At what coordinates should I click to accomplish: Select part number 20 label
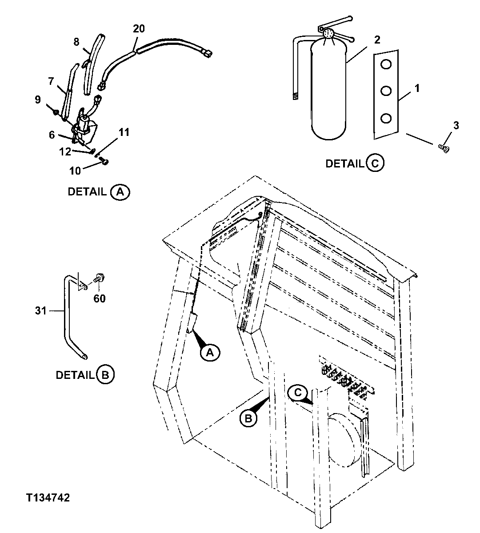[139, 29]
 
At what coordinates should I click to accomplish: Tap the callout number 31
[41, 311]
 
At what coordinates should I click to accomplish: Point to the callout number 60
[100, 298]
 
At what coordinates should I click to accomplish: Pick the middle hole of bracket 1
[386, 91]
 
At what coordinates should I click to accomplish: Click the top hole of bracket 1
[386, 65]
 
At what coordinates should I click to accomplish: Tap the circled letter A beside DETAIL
[120, 192]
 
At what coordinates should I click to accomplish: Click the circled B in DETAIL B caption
[105, 375]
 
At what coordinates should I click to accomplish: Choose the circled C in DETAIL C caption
[375, 163]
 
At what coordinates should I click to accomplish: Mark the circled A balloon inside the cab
[210, 352]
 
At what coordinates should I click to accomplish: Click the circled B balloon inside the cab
[249, 418]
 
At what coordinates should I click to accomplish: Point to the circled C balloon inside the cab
[297, 392]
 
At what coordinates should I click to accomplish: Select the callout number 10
[76, 171]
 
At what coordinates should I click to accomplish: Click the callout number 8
[76, 42]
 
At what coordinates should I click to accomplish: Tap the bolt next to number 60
[98, 280]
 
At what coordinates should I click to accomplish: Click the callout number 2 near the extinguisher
[377, 40]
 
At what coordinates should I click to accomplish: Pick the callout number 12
[65, 152]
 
